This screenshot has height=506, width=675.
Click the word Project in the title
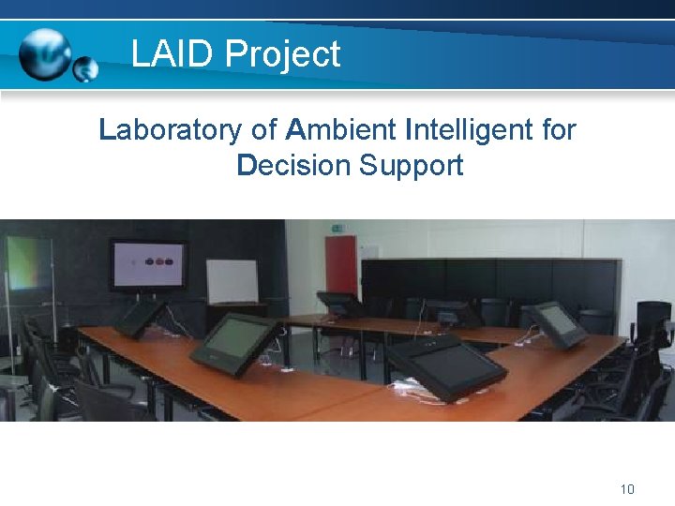pos(283,55)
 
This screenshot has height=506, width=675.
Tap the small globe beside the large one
pos(86,69)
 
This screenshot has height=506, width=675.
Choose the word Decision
pos(292,166)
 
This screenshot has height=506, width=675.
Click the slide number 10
pos(627,489)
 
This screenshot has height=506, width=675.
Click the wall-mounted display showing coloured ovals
pos(148,264)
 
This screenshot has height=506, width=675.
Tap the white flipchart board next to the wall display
pos(232,281)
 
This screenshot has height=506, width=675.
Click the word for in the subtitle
pos(559,129)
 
